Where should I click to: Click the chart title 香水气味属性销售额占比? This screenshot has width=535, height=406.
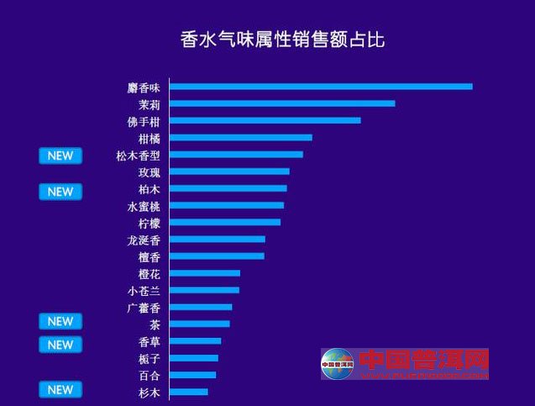tap(282, 39)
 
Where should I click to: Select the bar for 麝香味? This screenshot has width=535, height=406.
tap(321, 86)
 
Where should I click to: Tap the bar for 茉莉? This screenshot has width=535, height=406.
tap(282, 103)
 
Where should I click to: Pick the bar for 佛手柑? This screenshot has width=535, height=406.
tap(265, 120)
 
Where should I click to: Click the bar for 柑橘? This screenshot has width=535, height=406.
tap(241, 137)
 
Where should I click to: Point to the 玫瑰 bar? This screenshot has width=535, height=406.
tap(229, 171)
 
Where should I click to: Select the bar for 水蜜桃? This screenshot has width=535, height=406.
tap(227, 205)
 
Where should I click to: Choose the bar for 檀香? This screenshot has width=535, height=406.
tap(217, 256)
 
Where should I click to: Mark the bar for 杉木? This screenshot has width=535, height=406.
tap(189, 392)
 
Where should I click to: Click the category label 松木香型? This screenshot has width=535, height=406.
tap(138, 155)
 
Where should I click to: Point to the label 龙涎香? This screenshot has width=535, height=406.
tap(143, 240)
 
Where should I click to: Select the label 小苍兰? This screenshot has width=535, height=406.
tap(143, 291)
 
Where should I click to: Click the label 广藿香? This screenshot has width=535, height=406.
tap(143, 308)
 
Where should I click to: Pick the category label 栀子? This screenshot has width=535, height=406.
tap(149, 359)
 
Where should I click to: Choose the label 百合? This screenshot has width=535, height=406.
tap(149, 376)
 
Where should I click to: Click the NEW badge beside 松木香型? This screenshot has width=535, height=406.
tap(60, 156)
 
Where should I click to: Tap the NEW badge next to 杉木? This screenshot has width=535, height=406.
tap(60, 389)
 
